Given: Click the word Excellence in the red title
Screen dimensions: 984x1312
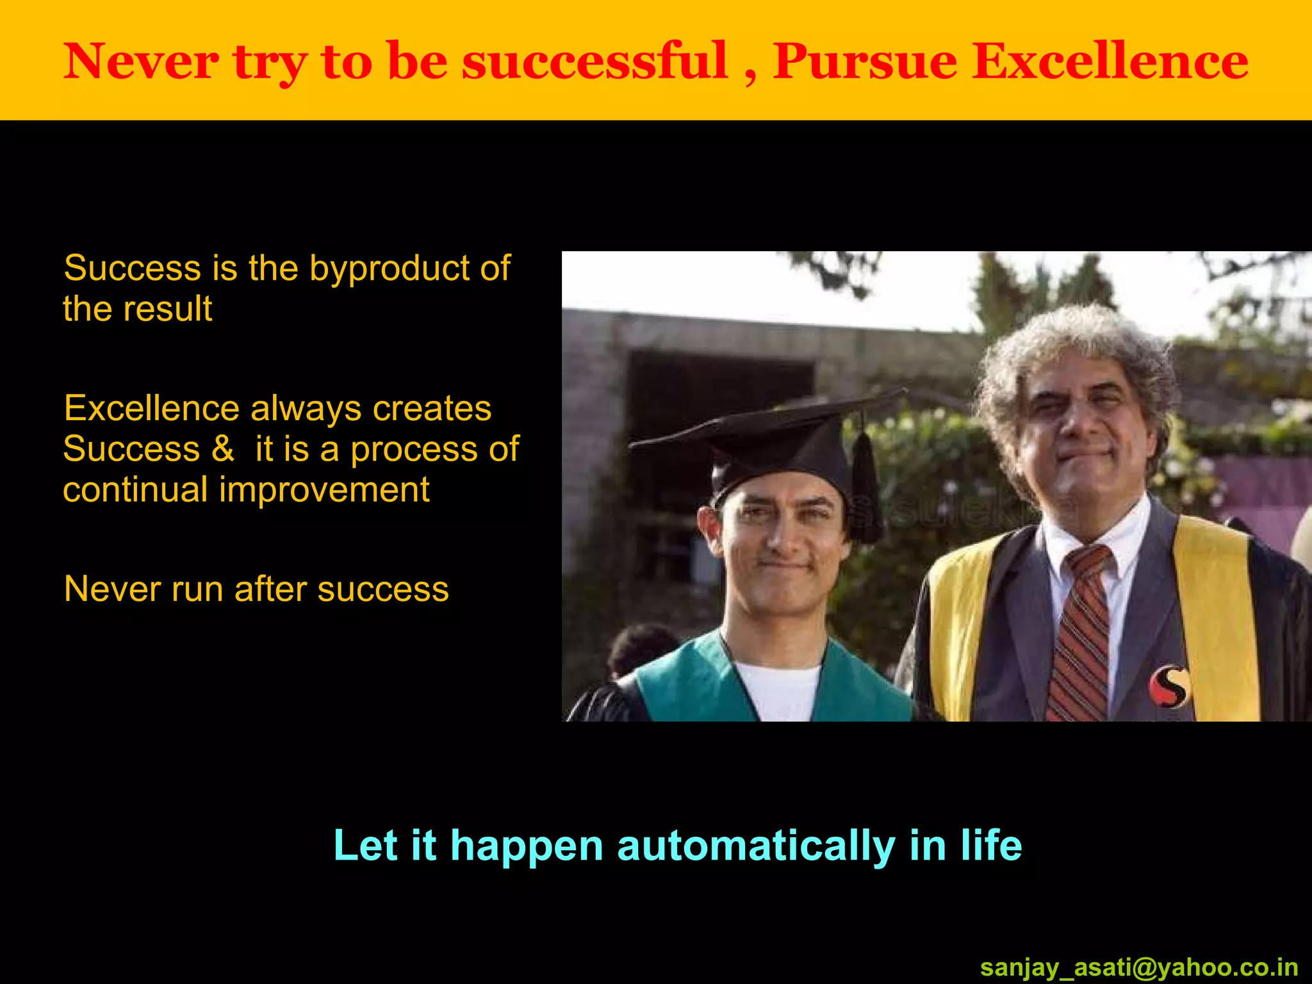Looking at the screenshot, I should (x=1110, y=61).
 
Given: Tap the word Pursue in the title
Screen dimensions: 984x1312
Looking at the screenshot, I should (x=865, y=61).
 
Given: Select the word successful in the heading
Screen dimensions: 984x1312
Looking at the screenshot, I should (x=595, y=61).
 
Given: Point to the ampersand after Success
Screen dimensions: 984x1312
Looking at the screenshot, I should (x=223, y=448).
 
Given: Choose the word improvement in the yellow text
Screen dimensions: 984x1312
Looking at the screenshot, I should (x=324, y=491).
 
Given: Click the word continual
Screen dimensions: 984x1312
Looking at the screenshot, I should (x=135, y=491).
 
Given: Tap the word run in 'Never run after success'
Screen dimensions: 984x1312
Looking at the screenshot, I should (x=196, y=589).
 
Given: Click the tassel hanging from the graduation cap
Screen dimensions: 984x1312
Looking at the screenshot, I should (x=865, y=487).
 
